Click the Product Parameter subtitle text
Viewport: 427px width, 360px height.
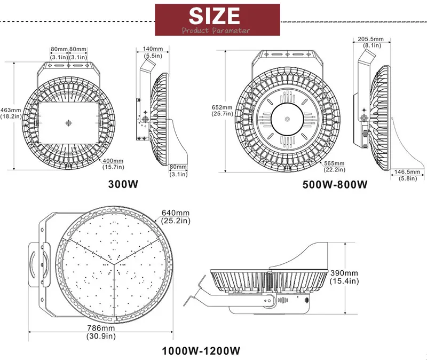coord(216,30)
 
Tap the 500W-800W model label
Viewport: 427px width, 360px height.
coord(334,185)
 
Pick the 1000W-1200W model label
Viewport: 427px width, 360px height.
coord(202,351)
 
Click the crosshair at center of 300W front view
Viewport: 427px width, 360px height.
coord(68,123)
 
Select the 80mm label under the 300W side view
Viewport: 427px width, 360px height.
coord(178,170)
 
